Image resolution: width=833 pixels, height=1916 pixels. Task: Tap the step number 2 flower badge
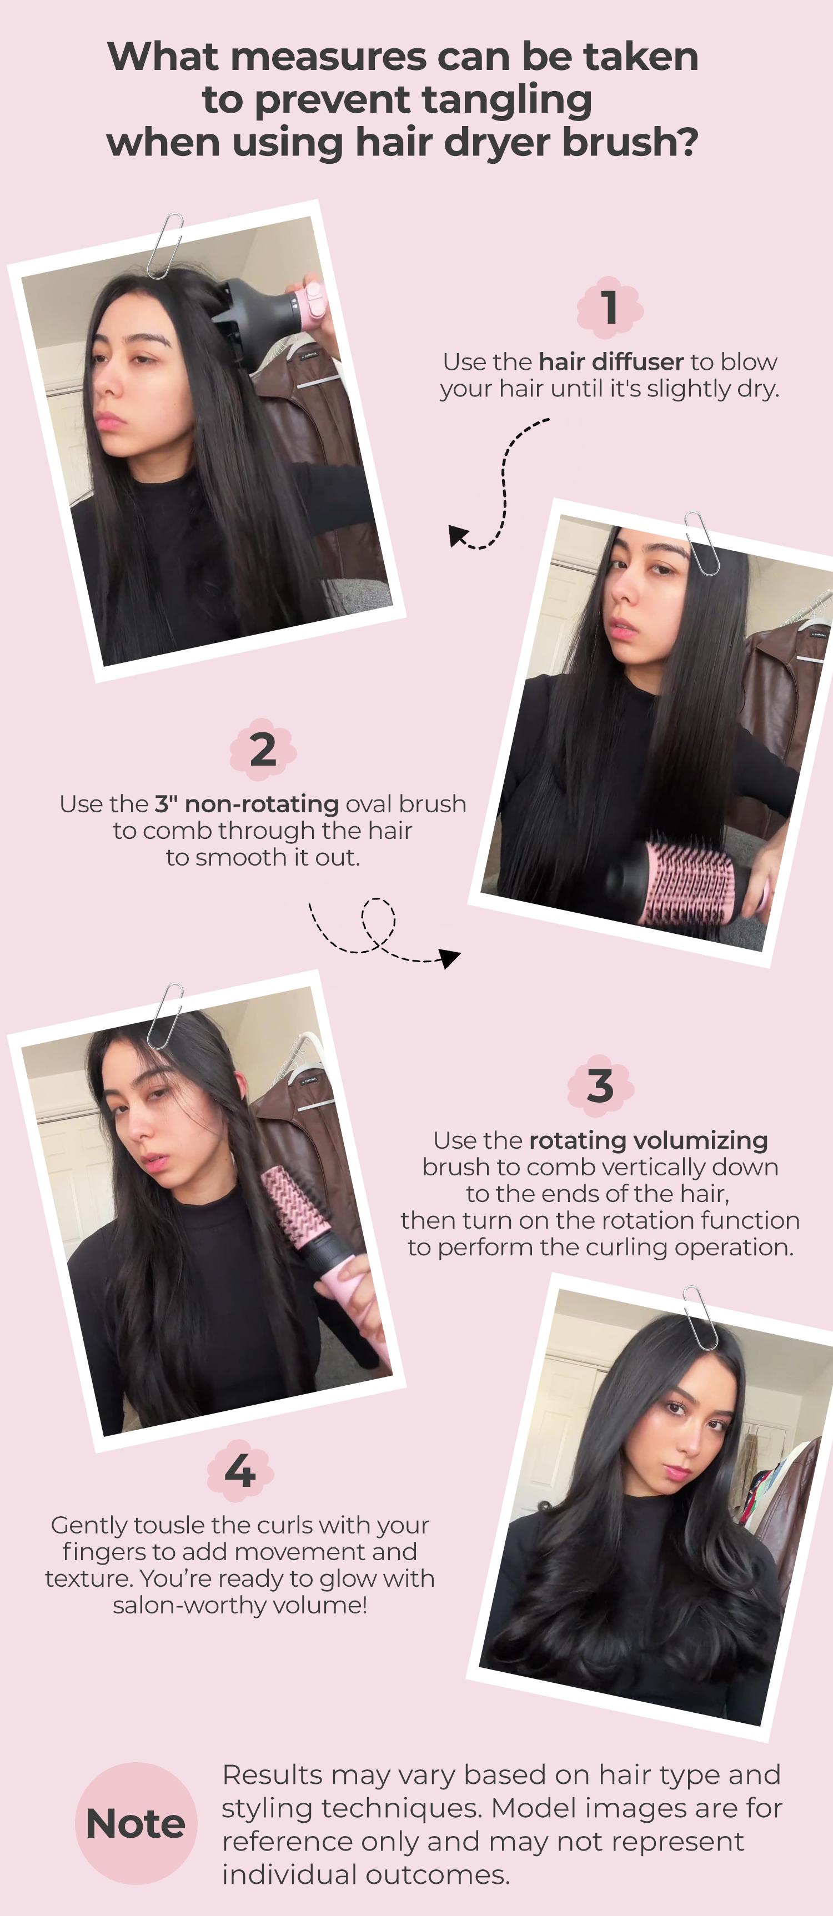coord(263,749)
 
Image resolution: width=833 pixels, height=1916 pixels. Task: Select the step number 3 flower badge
coord(600,1086)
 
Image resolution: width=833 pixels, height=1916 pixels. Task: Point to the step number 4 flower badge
coord(239,1471)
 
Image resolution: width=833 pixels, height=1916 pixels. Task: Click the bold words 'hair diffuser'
coord(611,361)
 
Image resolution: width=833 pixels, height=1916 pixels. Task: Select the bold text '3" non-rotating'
coord(246,804)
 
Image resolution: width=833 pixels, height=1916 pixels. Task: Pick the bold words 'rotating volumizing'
coord(648,1140)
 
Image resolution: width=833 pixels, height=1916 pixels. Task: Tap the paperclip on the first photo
coord(165,245)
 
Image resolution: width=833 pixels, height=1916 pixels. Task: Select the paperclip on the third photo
coord(165,1015)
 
